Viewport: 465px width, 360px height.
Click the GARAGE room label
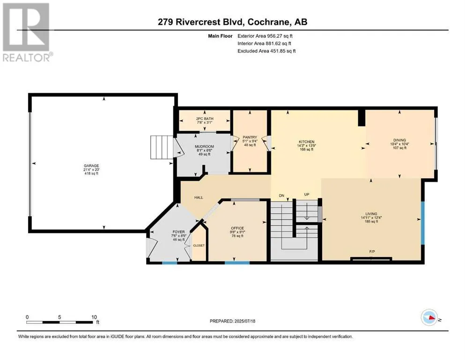91,166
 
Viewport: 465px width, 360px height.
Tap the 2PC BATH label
205,119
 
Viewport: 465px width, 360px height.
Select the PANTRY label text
250,137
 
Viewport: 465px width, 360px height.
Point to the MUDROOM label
204,147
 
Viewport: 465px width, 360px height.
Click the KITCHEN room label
306,142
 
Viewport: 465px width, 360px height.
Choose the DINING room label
399,140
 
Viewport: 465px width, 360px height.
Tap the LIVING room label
371,214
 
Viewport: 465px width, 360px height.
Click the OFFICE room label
237,228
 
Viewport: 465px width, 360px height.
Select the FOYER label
178,232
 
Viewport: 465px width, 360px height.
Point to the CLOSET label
199,246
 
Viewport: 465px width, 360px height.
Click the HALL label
199,197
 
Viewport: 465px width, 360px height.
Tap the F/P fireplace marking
372,252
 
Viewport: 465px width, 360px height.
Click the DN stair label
281,195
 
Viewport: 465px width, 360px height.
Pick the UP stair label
307,195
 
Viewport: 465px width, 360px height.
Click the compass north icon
429,317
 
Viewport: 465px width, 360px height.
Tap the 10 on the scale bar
94,317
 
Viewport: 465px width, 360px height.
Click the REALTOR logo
26,32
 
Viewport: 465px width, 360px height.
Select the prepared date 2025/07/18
244,321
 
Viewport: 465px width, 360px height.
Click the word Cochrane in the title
268,22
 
